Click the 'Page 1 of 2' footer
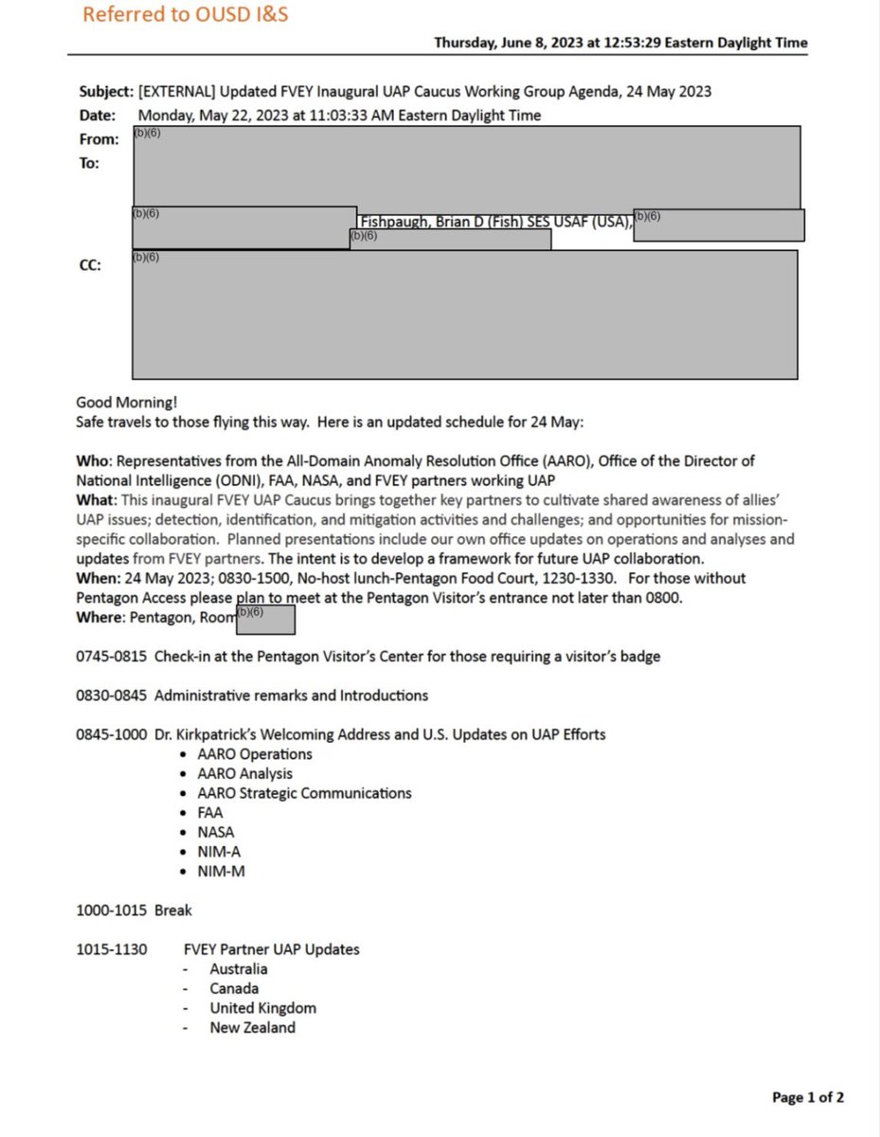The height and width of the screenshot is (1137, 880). point(807,1098)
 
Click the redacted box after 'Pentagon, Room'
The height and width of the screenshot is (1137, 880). point(266,619)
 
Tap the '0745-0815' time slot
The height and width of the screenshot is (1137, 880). point(111,657)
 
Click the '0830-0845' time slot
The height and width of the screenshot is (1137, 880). point(111,695)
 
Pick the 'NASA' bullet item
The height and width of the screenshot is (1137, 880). point(216,832)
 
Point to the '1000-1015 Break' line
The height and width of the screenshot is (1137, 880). point(134,911)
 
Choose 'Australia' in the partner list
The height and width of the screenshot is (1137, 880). point(239,969)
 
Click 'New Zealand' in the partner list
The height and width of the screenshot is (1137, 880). point(252,1027)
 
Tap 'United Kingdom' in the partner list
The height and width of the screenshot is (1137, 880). point(262,1008)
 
